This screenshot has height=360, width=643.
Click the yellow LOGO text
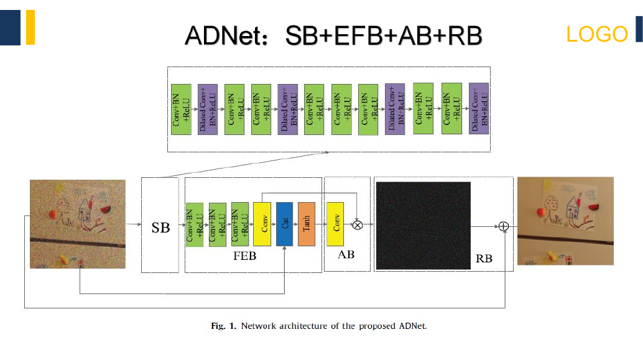point(596,34)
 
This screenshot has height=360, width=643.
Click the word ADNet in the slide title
point(226,35)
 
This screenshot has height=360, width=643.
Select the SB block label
point(160,228)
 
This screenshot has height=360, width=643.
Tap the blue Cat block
point(285,224)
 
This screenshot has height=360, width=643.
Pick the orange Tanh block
point(307,224)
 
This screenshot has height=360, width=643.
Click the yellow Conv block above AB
point(335,224)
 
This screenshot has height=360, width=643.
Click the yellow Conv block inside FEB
point(262,224)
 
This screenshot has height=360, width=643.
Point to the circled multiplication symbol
point(358,224)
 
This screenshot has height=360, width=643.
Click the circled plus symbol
point(504,226)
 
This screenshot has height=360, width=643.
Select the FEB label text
point(245,256)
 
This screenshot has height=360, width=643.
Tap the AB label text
point(346,255)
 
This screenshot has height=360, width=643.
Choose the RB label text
point(484,258)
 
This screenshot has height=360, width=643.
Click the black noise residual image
point(423,226)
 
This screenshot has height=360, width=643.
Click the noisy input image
point(78,224)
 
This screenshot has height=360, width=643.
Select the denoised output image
point(565,221)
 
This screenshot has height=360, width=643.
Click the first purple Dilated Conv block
point(208,109)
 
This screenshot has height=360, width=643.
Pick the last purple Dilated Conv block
point(479,109)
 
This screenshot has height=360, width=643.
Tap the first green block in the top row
point(181,109)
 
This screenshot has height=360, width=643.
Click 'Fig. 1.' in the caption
point(223,326)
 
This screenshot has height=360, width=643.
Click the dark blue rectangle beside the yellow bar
point(10,27)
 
